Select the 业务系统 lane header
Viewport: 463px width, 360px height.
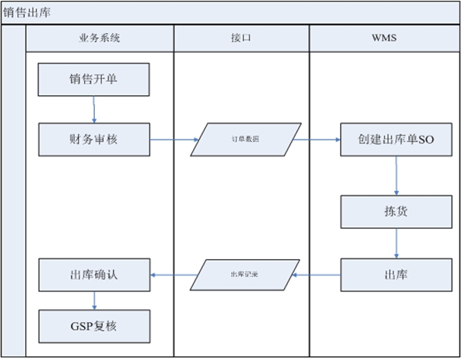coord(100,38)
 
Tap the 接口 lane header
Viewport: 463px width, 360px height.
coord(241,38)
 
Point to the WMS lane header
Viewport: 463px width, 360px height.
coord(384,38)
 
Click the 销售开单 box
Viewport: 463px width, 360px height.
coord(93,79)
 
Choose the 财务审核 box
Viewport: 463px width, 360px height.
coord(93,140)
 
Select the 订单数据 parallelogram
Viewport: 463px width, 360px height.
coord(245,140)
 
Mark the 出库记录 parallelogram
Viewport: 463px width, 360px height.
coord(245,274)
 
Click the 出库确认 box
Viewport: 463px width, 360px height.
coord(93,274)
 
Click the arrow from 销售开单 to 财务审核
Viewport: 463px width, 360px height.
coord(94,109)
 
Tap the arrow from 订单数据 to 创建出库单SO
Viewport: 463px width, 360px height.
coord(316,140)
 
